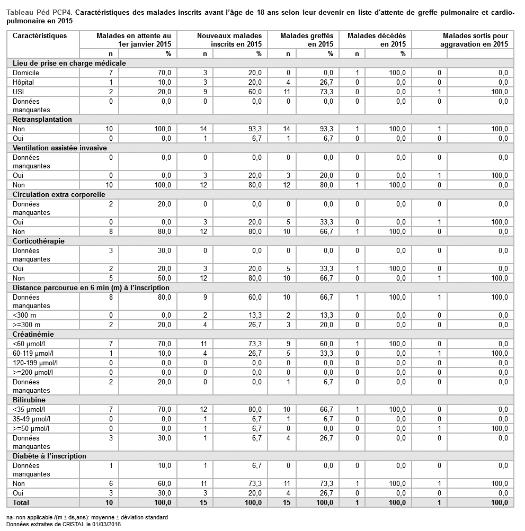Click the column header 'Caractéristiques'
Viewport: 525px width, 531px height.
click(40, 36)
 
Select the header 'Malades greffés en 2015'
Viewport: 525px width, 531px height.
click(307, 40)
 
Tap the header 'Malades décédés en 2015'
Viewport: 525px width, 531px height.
click(377, 40)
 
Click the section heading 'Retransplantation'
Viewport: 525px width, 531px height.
click(42, 120)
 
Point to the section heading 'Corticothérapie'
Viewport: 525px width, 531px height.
click(39, 241)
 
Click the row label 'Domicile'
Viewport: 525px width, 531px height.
click(25, 73)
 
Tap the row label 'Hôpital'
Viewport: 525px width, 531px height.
click(24, 82)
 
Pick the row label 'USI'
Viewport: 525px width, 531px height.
click(19, 92)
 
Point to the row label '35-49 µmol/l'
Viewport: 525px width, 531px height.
click(32, 419)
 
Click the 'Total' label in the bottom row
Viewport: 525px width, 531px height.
click(21, 502)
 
